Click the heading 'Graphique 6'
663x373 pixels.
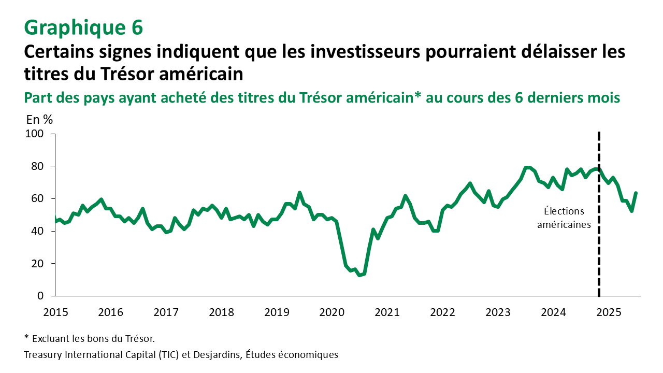(83, 27)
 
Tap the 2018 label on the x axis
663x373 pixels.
(221, 312)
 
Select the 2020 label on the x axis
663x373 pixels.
(332, 312)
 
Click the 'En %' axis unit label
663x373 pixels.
(39, 120)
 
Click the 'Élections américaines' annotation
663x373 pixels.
(564, 218)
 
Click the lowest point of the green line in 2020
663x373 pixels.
(359, 275)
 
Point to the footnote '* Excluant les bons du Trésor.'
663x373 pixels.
(90, 339)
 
